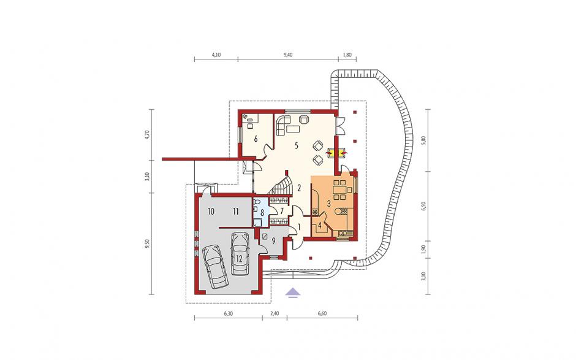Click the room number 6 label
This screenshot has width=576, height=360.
click(256, 139)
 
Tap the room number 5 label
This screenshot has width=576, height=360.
click(296, 145)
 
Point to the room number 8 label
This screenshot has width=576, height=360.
click(262, 212)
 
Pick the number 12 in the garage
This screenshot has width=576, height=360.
click(239, 258)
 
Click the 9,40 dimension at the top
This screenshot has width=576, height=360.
click(288, 55)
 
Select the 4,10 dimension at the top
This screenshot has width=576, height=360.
click(216, 55)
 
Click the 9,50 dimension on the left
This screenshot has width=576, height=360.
click(147, 244)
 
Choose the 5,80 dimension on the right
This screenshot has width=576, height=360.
click(423, 140)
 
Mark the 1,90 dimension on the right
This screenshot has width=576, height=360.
click(423, 250)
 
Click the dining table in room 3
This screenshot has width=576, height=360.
click(338, 189)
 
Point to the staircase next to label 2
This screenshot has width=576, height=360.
click(281, 186)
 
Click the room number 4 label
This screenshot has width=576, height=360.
click(320, 226)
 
